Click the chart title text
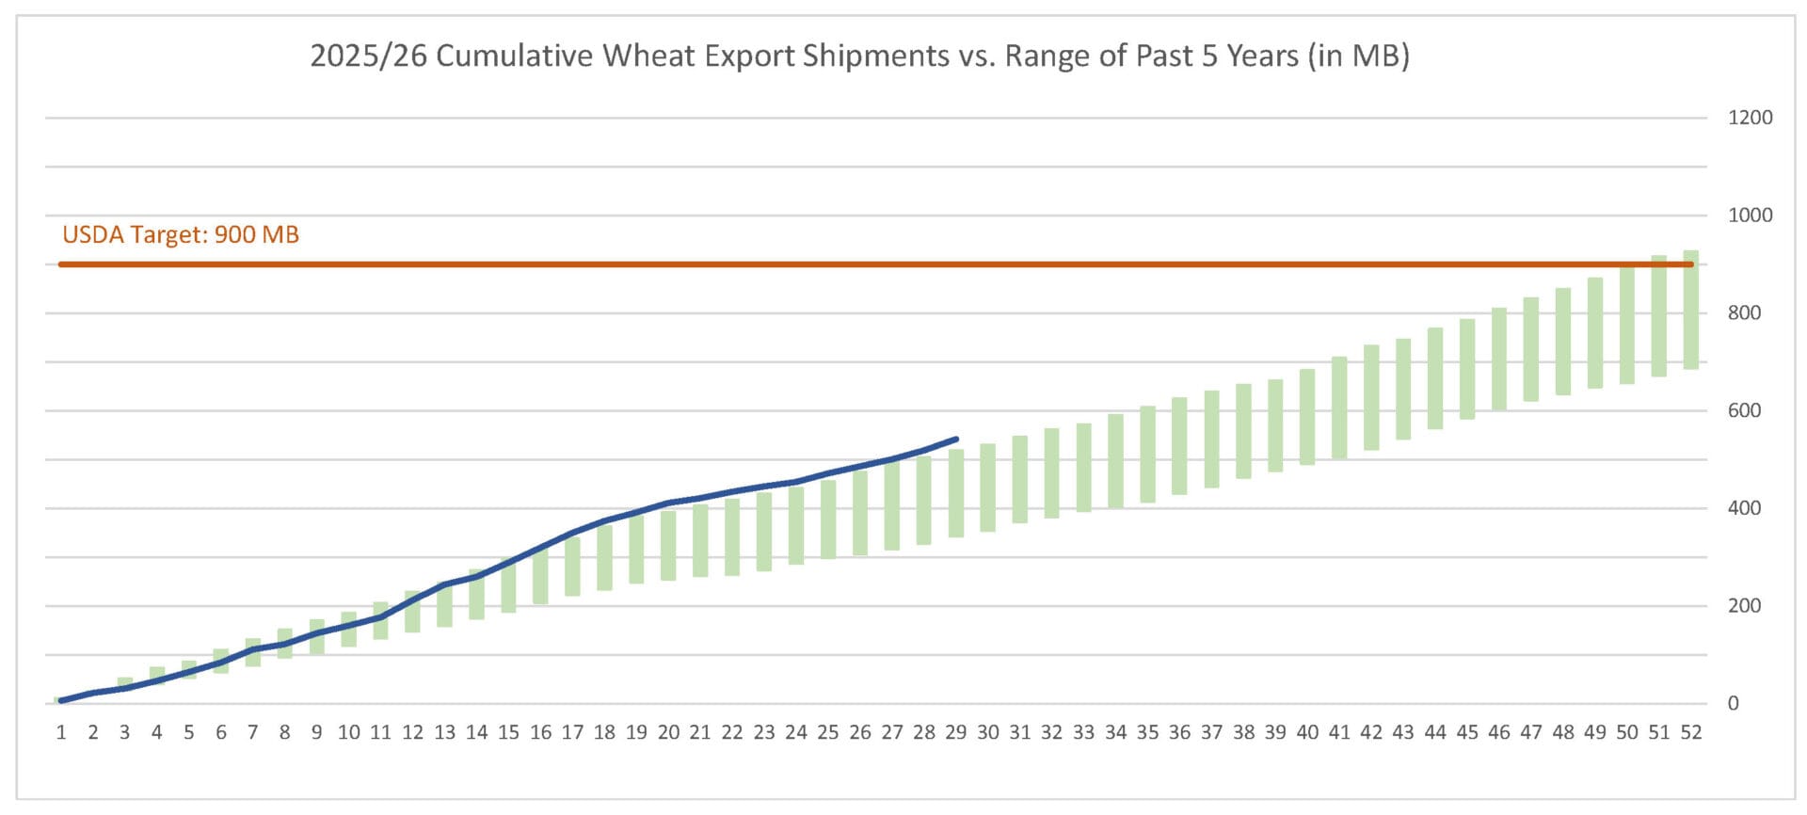(x=859, y=56)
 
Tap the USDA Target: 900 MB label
(x=181, y=234)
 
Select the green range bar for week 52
(x=1690, y=311)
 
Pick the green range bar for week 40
(x=1307, y=417)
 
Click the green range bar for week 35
(x=1147, y=455)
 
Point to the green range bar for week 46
(x=1498, y=359)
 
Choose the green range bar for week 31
(x=1019, y=479)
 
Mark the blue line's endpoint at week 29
(x=956, y=439)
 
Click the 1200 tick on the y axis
(x=1750, y=118)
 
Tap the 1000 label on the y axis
(x=1750, y=216)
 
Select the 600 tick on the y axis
(x=1744, y=410)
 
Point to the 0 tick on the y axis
(x=1733, y=703)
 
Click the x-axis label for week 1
(x=61, y=732)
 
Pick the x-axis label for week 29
(x=955, y=732)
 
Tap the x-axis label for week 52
(x=1690, y=732)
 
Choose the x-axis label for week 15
(x=508, y=732)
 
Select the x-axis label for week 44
(x=1434, y=732)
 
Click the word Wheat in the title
(x=648, y=56)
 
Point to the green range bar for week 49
(x=1594, y=333)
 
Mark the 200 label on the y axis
(x=1744, y=605)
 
